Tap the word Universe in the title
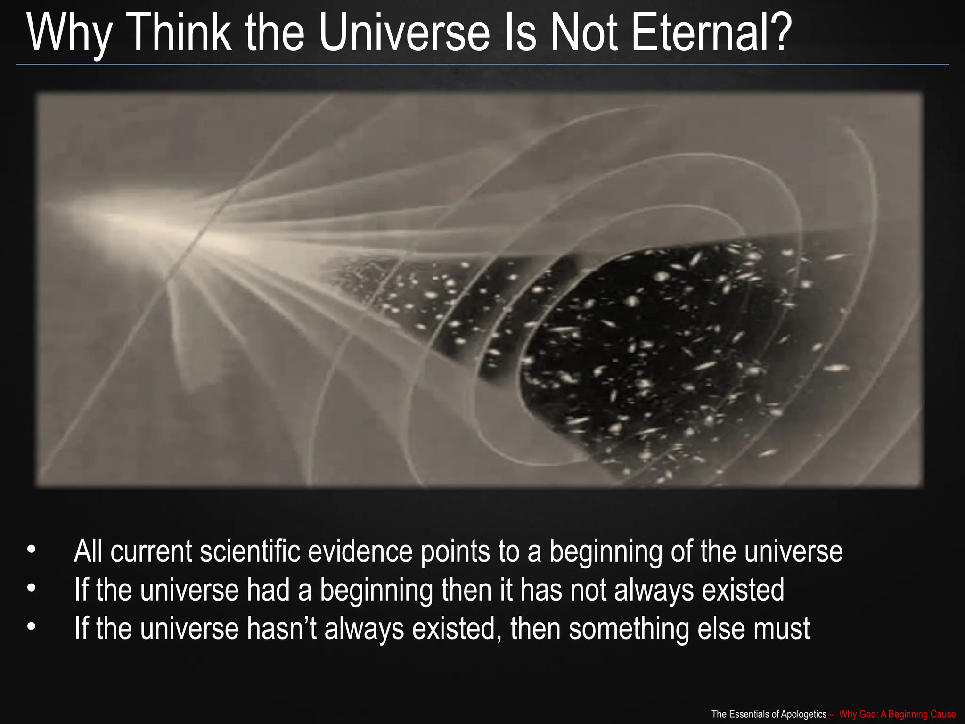[x=404, y=33]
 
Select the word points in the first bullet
[x=455, y=551]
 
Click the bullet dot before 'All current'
[x=32, y=550]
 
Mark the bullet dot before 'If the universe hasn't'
[x=32, y=627]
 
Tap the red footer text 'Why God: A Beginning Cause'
[x=897, y=714]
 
